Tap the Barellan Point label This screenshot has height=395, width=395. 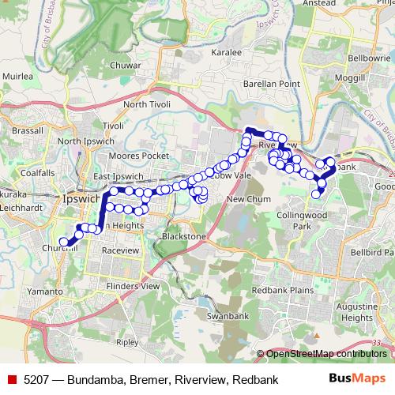(x=252, y=83)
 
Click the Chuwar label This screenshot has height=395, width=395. (x=126, y=65)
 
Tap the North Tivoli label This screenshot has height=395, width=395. (x=146, y=104)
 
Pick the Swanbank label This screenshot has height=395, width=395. (x=222, y=316)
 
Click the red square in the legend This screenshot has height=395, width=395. (x=12, y=379)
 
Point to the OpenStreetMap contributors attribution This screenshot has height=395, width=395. (x=326, y=354)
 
